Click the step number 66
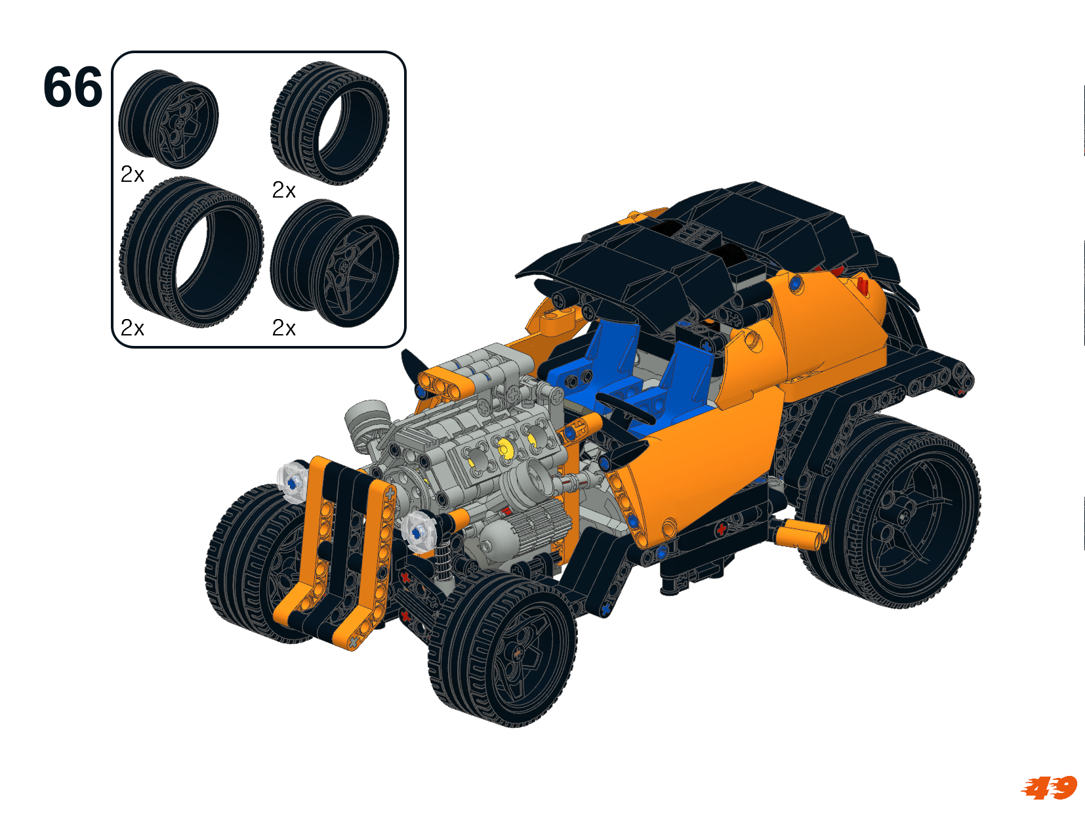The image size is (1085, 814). tap(73, 87)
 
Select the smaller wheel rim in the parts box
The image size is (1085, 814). tap(168, 119)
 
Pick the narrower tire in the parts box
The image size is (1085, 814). tap(330, 123)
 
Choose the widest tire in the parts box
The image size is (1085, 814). tap(192, 252)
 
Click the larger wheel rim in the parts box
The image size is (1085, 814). tap(335, 263)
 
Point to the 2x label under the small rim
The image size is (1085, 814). tap(133, 175)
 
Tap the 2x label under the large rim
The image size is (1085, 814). tap(284, 328)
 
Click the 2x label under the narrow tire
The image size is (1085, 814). tap(284, 190)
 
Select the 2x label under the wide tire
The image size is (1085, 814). tap(133, 328)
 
